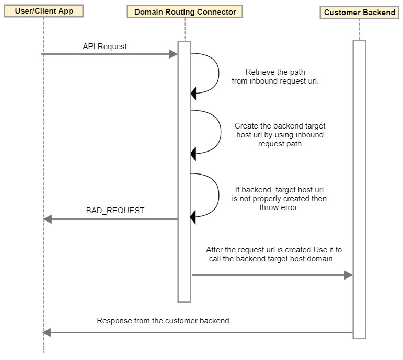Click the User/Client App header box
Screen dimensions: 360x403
43,10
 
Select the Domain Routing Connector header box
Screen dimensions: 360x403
185,11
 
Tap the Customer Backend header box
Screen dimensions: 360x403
360,12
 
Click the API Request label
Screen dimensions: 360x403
105,47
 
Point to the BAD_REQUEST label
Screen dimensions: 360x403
115,211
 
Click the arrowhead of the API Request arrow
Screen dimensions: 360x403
174,54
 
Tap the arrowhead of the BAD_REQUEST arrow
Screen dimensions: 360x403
48,219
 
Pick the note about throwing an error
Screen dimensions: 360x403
280,199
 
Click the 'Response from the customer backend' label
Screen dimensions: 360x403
163,320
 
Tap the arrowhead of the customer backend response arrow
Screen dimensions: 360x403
48,332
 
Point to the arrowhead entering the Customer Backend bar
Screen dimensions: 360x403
348,275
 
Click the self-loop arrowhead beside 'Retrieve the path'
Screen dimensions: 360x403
193,94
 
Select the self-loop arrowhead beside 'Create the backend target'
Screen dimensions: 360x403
193,153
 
